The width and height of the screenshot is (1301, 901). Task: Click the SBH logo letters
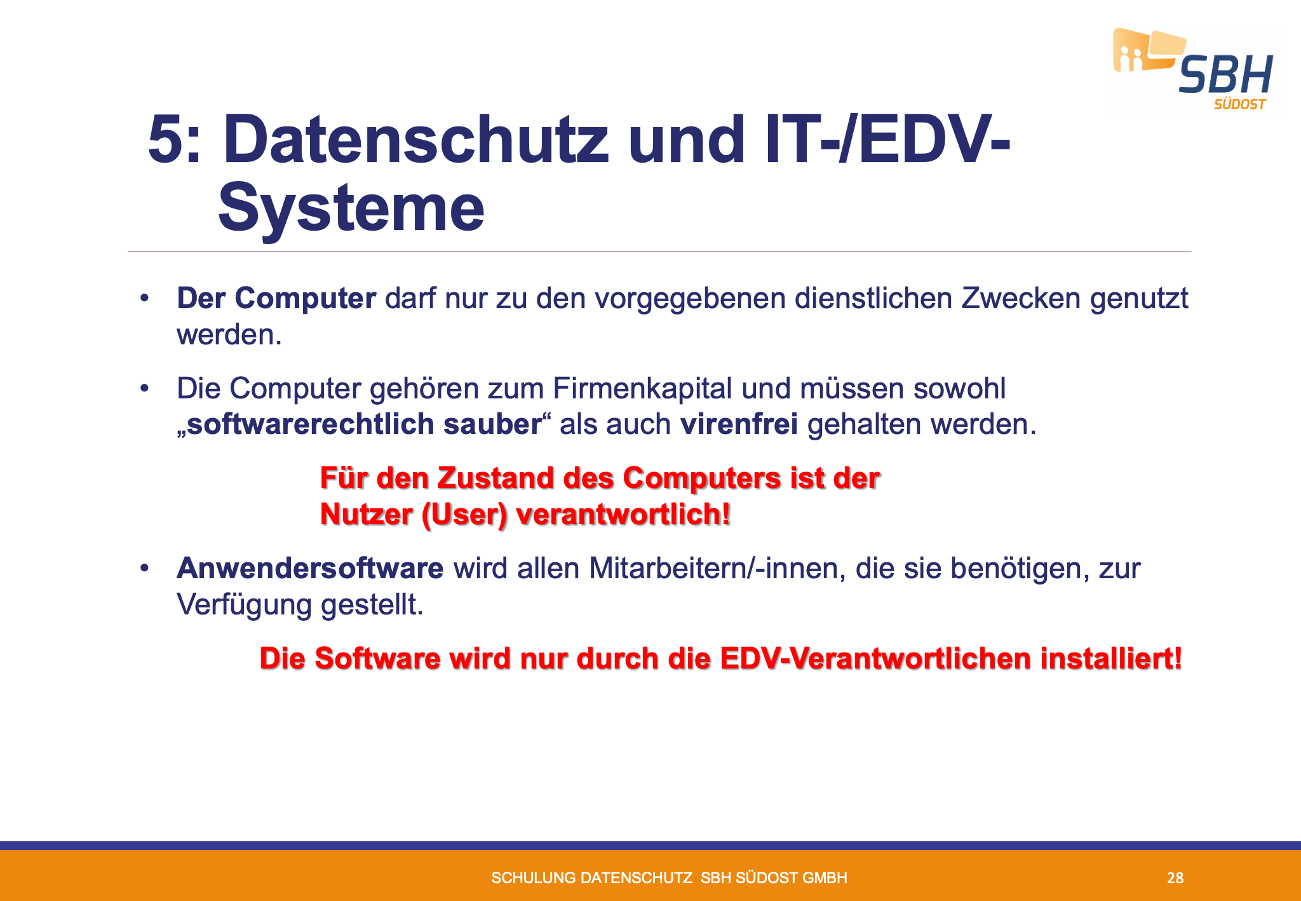pos(1226,75)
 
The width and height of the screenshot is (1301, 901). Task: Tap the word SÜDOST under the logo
pos(1240,104)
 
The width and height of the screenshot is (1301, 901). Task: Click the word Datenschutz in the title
pos(416,139)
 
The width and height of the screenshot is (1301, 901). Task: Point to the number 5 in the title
pos(166,140)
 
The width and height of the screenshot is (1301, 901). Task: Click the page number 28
pos(1175,878)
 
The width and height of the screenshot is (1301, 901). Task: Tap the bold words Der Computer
pos(276,299)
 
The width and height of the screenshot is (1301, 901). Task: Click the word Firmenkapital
pos(642,389)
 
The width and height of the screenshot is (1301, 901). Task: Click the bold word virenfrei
pos(739,424)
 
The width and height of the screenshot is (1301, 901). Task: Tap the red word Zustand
pos(495,478)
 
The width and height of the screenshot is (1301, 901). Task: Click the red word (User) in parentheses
pos(464,515)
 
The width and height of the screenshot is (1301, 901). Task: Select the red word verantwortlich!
pos(623,515)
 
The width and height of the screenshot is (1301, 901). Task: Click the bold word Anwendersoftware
pos(310,569)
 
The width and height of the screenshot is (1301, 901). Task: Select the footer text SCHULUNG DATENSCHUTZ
pos(592,878)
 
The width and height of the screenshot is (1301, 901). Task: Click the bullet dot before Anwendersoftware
pos(145,568)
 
